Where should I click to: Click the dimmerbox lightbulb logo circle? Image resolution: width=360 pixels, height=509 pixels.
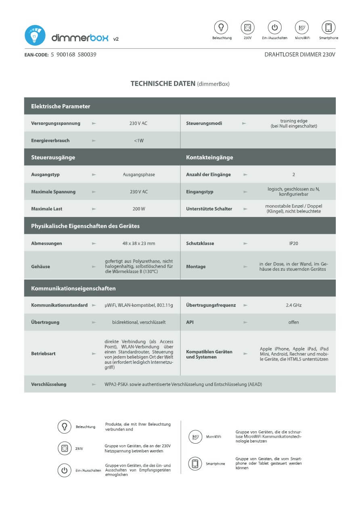pyautogui.click(x=35, y=35)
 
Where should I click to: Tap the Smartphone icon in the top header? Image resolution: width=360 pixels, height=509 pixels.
pyautogui.click(x=329, y=27)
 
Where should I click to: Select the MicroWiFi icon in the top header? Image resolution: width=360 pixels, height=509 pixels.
pyautogui.click(x=301, y=27)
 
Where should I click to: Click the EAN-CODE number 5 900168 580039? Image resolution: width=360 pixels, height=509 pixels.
pyautogui.click(x=73, y=54)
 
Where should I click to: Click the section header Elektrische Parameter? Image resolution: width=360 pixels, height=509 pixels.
pyautogui.click(x=61, y=106)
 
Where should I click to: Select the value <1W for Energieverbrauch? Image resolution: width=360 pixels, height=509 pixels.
pyautogui.click(x=138, y=141)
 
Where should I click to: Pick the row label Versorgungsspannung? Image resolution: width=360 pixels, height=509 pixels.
pyautogui.click(x=56, y=123)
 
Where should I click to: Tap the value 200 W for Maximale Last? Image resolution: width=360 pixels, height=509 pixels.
pyautogui.click(x=138, y=209)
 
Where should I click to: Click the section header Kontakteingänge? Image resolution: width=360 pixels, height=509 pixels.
pyautogui.click(x=209, y=157)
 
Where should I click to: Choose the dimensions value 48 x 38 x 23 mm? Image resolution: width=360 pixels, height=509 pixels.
pyautogui.click(x=138, y=244)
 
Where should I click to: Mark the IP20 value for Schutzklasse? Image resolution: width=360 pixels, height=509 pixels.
pyautogui.click(x=293, y=244)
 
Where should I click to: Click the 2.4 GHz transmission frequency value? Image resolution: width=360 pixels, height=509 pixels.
pyautogui.click(x=293, y=305)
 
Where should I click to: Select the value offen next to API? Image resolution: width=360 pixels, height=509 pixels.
pyautogui.click(x=293, y=322)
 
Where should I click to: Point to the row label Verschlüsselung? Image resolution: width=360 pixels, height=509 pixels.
pyautogui.click(x=49, y=384)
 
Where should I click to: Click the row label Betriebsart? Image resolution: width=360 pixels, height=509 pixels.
pyautogui.click(x=43, y=353)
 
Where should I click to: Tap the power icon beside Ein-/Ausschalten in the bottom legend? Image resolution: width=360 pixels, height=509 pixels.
pyautogui.click(x=65, y=470)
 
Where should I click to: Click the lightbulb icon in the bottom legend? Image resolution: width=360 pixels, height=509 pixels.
pyautogui.click(x=65, y=427)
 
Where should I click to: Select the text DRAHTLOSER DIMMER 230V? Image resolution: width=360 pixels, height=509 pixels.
pyautogui.click(x=300, y=54)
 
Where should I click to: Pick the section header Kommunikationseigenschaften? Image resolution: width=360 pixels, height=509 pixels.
pyautogui.click(x=73, y=288)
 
